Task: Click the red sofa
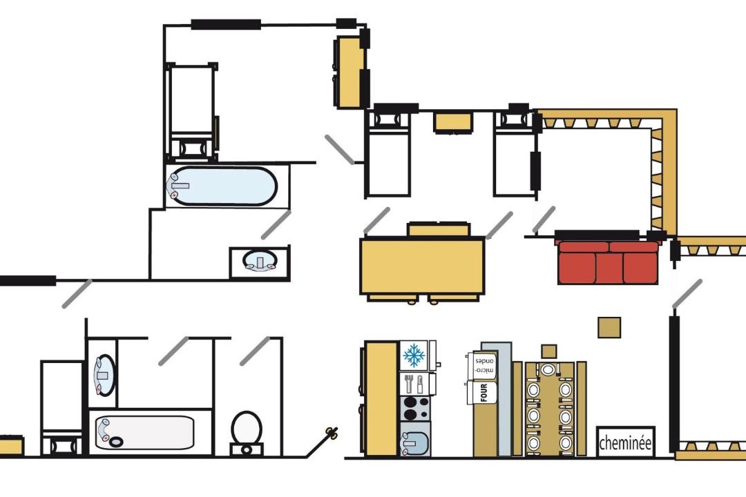click(x=608, y=262)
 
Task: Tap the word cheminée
click(x=625, y=442)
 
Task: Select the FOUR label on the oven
click(x=484, y=393)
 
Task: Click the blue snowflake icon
click(x=414, y=355)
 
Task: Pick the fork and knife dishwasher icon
click(x=414, y=384)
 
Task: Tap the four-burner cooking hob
click(x=415, y=408)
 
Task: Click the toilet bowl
click(x=247, y=428)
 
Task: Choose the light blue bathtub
click(x=223, y=186)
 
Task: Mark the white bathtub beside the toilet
click(x=144, y=432)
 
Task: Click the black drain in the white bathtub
click(x=116, y=441)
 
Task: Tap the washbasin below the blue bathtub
click(x=260, y=260)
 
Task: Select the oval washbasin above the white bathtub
click(x=104, y=375)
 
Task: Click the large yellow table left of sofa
click(x=423, y=266)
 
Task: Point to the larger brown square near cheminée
click(x=609, y=328)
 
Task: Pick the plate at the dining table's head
click(x=548, y=369)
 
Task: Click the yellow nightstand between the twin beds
click(x=453, y=121)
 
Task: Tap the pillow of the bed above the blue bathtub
click(x=191, y=148)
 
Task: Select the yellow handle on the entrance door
click(x=332, y=432)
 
